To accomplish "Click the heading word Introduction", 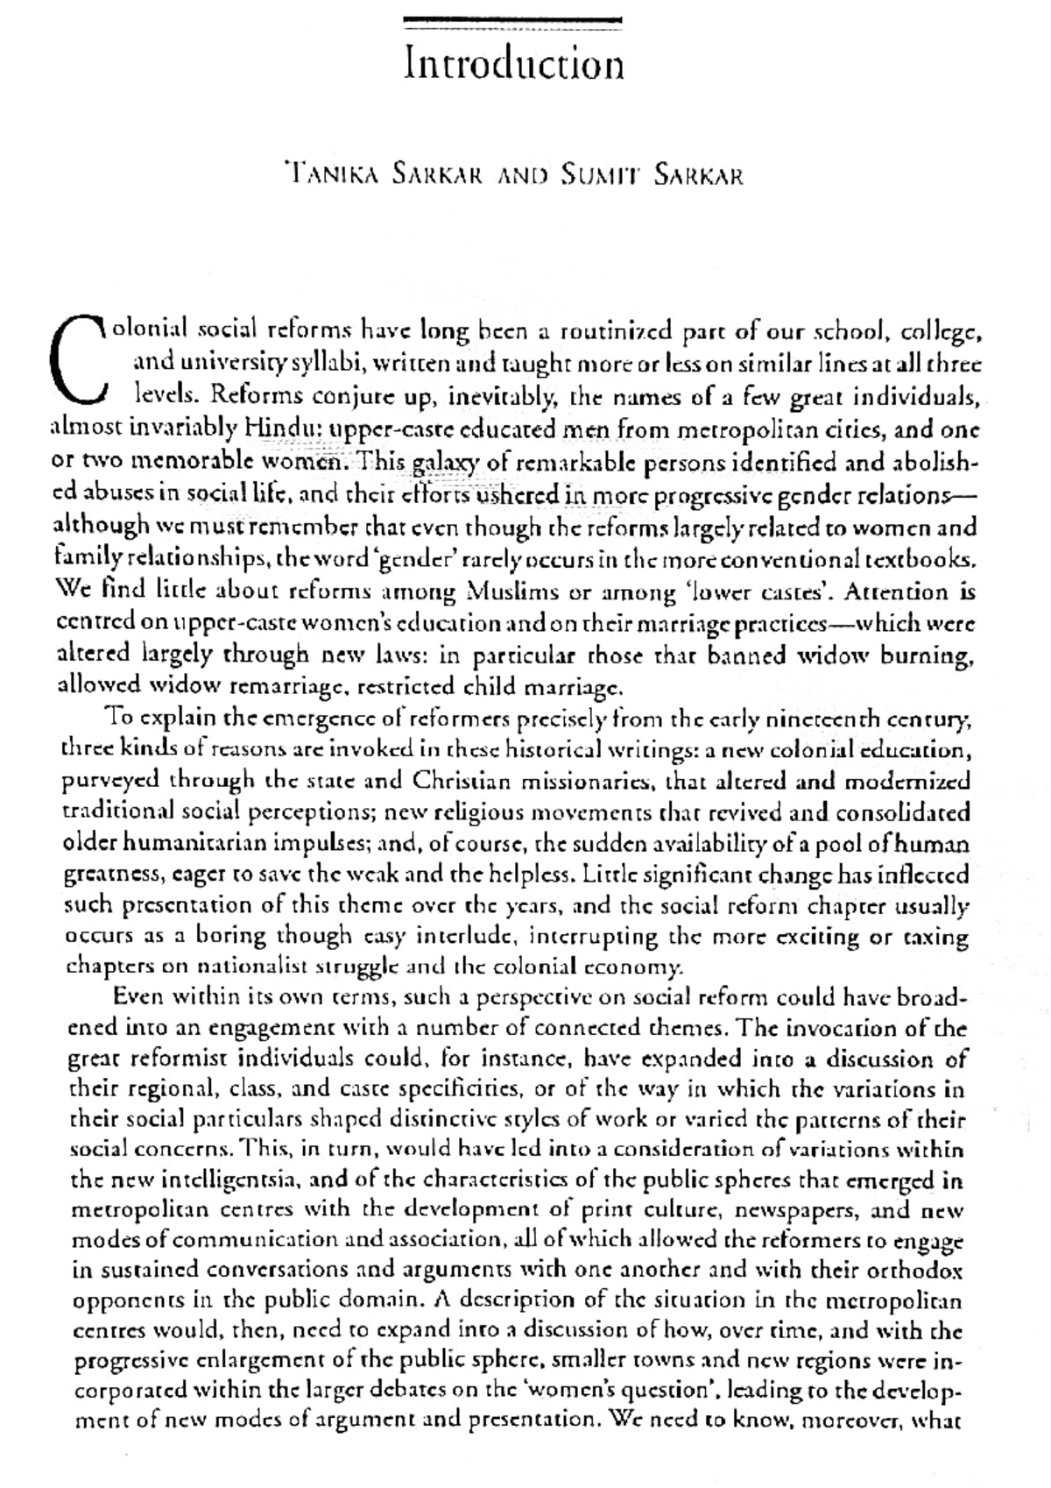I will click(515, 65).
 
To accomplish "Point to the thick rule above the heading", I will click(515, 20).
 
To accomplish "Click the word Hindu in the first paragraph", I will click(272, 429).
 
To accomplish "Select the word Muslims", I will click(516, 592).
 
